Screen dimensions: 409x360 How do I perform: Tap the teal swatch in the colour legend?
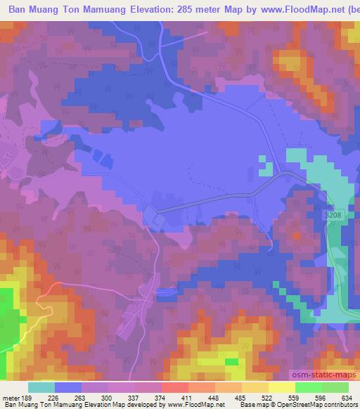coord(41,387)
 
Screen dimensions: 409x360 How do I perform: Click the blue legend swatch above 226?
coord(67,387)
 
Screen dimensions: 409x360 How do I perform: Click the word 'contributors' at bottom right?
coord(343,405)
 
